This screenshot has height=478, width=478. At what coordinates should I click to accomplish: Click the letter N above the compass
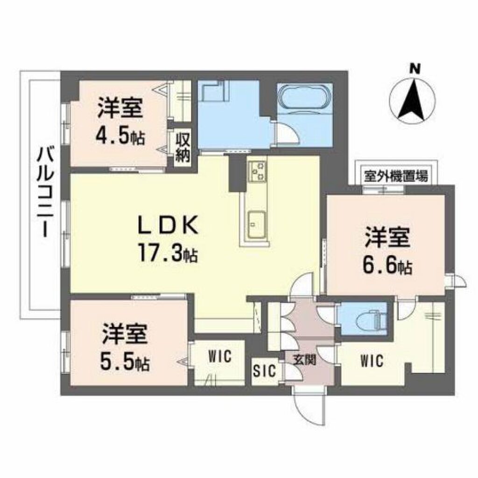413,69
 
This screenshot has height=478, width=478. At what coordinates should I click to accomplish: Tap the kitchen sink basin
256,225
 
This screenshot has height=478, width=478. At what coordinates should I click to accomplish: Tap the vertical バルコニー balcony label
45,191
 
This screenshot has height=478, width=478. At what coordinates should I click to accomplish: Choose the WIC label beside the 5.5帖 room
219,358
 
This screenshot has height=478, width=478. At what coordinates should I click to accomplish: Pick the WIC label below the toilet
371,360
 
